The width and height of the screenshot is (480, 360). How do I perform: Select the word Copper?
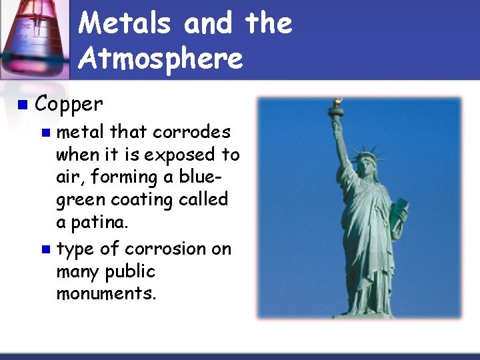pyautogui.click(x=69, y=104)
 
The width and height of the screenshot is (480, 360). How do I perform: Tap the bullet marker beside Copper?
pyautogui.click(x=23, y=105)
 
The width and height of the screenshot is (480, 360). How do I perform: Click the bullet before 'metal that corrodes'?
pyautogui.click(x=45, y=132)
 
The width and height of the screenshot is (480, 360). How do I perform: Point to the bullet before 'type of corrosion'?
pyautogui.click(x=45, y=249)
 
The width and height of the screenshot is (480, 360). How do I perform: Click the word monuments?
pyautogui.click(x=106, y=295)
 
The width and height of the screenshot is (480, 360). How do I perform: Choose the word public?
pyautogui.click(x=131, y=272)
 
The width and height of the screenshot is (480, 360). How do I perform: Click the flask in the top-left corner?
pyautogui.click(x=33, y=37)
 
